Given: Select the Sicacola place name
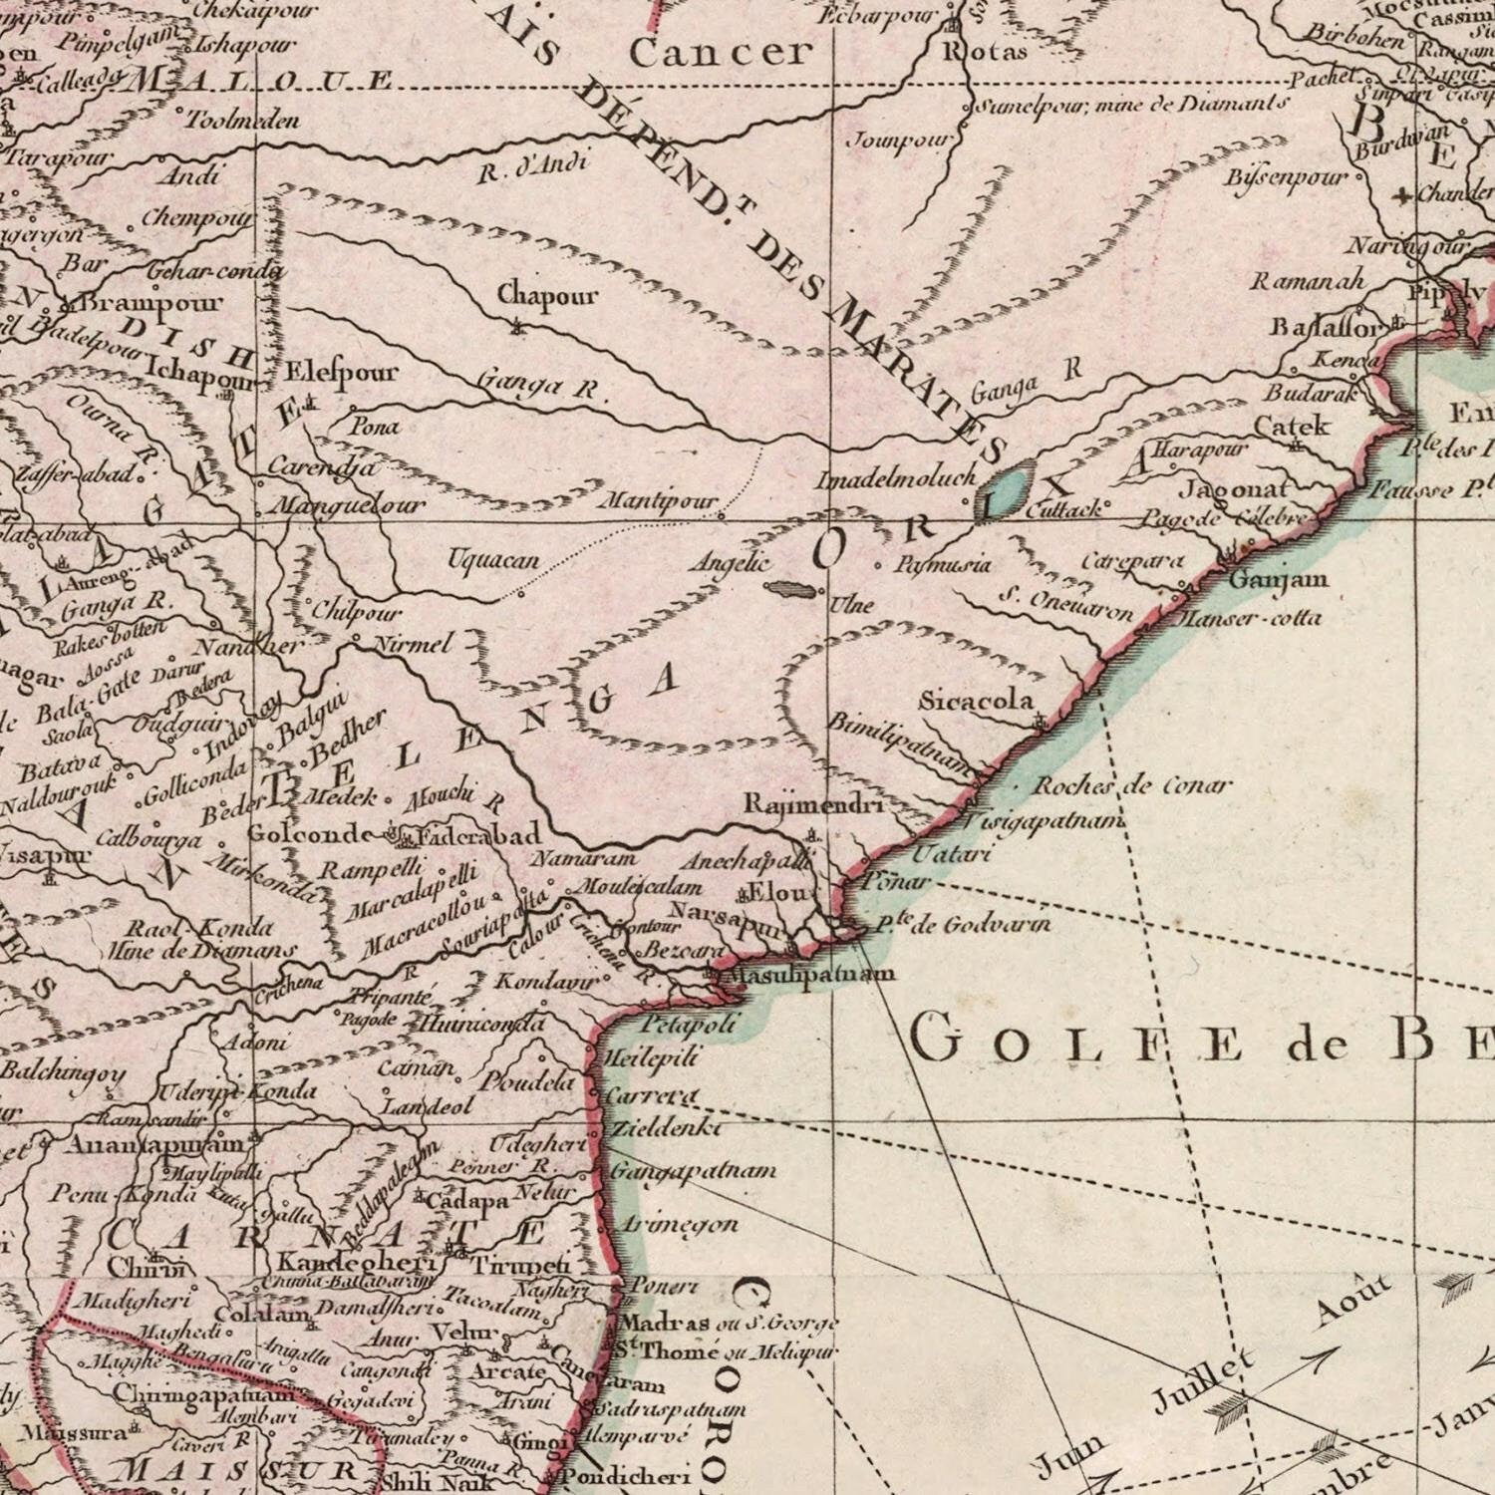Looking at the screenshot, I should coord(976,701).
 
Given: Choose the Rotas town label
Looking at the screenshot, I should coord(986,52).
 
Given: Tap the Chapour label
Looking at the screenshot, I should coord(547,296).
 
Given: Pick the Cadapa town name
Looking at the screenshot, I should coord(467,1201).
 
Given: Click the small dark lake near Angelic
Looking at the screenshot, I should coord(789,587).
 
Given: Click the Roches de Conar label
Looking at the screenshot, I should coord(1132,785).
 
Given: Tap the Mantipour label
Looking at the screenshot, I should coord(657,500).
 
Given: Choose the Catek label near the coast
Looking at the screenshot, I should coord(1291,426).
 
